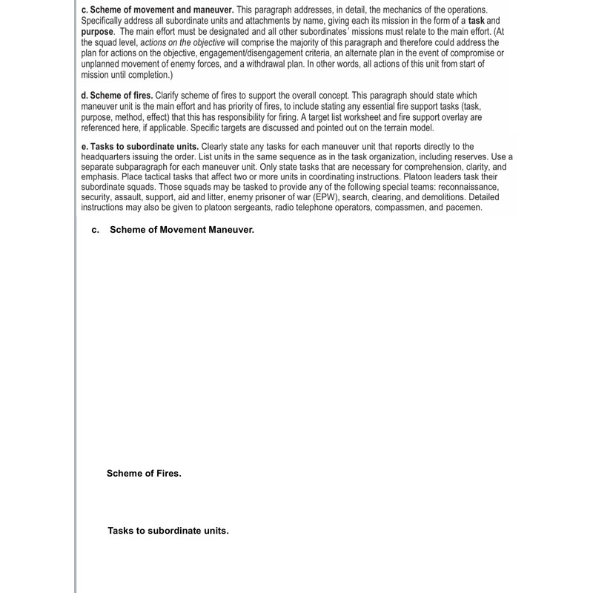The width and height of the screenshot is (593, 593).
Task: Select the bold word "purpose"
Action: (97, 33)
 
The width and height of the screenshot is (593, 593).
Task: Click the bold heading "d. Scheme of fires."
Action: (117, 96)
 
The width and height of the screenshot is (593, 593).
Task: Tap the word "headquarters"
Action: (109, 157)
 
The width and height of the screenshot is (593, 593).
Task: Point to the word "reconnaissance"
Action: (467, 188)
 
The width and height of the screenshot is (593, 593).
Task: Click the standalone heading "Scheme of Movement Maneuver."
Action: (182, 230)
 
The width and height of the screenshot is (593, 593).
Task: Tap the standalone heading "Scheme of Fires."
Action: (144, 474)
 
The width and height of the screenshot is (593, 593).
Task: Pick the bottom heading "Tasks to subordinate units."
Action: (168, 531)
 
